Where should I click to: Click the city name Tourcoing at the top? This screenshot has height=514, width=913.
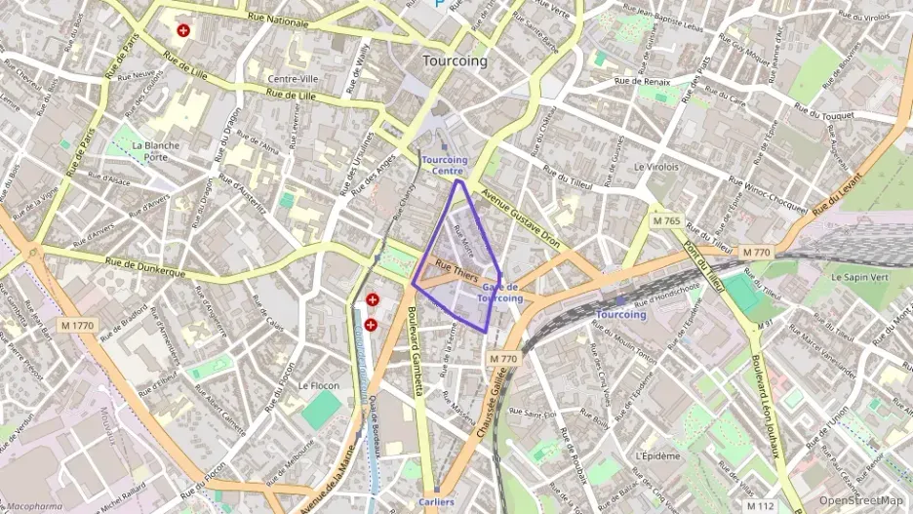pos(455,60)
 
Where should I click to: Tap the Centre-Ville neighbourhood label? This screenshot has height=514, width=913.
pos(294,79)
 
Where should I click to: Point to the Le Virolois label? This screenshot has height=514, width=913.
pos(655,167)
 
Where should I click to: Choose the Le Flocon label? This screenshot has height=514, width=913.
pos(318,385)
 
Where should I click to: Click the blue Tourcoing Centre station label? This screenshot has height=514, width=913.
pos(445,165)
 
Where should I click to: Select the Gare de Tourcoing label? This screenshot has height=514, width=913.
pos(502,293)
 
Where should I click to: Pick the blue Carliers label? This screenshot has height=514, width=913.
pos(436,502)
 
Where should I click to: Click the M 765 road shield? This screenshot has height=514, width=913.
pos(666,221)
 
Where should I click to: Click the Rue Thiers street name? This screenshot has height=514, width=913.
pos(456,271)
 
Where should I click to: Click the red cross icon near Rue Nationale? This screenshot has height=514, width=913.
pos(183,30)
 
